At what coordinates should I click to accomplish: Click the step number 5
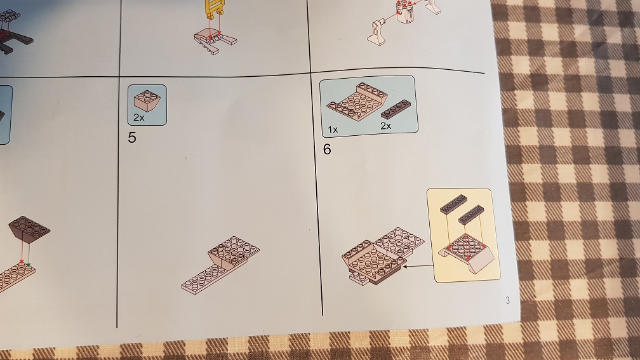(x=131, y=138)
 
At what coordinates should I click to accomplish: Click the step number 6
(x=327, y=149)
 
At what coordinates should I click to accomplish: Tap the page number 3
(x=507, y=300)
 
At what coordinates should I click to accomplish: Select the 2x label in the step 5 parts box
(x=139, y=117)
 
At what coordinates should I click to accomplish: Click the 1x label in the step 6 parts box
(x=333, y=130)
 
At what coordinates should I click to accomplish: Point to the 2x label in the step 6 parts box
(x=386, y=126)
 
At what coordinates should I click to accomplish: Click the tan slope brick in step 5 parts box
(x=147, y=100)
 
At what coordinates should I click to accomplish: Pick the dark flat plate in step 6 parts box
(x=396, y=109)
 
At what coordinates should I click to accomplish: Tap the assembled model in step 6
(x=382, y=256)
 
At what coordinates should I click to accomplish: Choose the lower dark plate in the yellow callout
(x=471, y=215)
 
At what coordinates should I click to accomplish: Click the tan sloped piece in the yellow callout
(x=467, y=253)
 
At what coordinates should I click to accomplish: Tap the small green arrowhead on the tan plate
(x=29, y=265)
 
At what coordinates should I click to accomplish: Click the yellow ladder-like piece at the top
(x=215, y=9)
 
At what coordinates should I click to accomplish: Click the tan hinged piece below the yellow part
(x=215, y=41)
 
